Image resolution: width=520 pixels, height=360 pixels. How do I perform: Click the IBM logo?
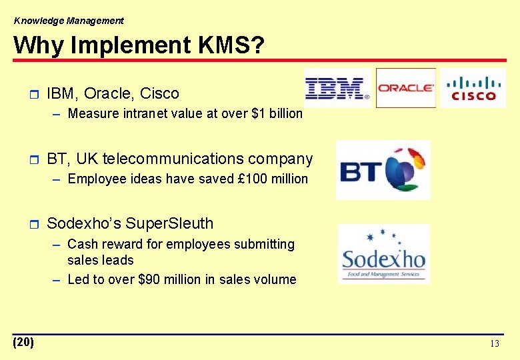(337, 88)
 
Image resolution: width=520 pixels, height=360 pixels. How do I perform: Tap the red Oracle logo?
(405, 88)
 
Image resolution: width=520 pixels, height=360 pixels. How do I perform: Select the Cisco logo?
(473, 88)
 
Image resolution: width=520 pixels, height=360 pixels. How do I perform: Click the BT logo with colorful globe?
(383, 170)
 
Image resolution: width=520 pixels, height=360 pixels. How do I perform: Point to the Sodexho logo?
(384, 254)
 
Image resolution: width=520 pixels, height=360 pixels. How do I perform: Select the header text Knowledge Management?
(69, 21)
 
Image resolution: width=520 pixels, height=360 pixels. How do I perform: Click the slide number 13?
(494, 344)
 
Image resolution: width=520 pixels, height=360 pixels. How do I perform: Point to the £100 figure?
(251, 179)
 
